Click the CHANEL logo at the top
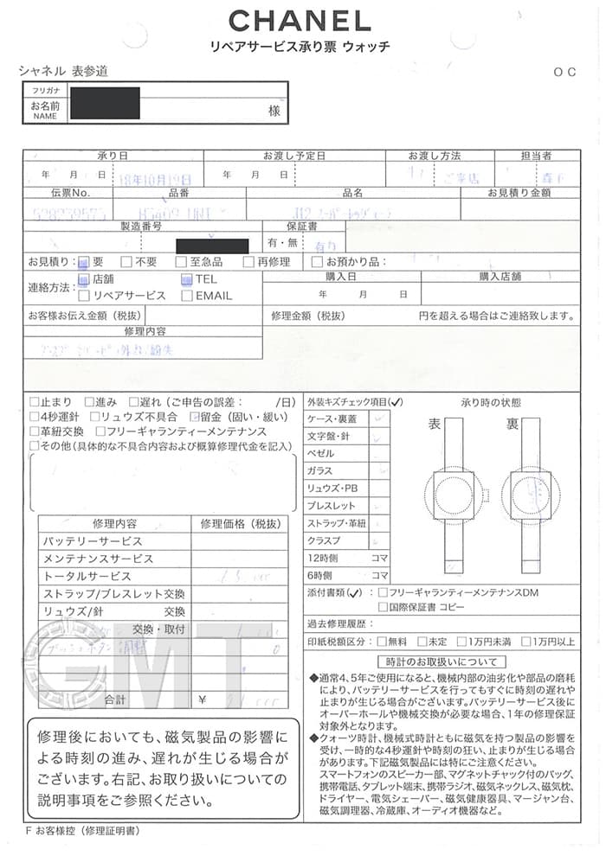299,20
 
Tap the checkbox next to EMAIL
187,295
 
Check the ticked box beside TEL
187,279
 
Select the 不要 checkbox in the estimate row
126,262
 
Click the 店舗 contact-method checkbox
84,279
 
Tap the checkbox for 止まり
34,402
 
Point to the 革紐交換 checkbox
34,431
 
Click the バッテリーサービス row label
93,541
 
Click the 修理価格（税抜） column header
240,524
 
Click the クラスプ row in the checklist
324,540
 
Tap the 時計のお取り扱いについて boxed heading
442,661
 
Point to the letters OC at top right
564,73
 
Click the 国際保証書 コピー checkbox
384,608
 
